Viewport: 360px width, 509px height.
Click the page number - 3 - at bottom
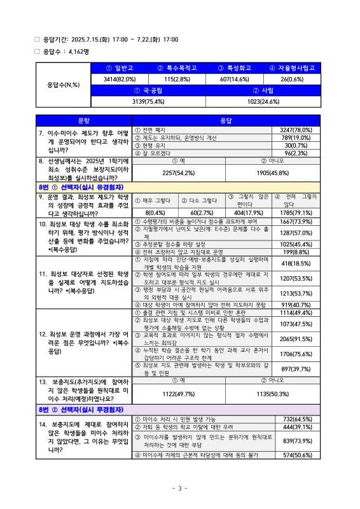180,488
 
